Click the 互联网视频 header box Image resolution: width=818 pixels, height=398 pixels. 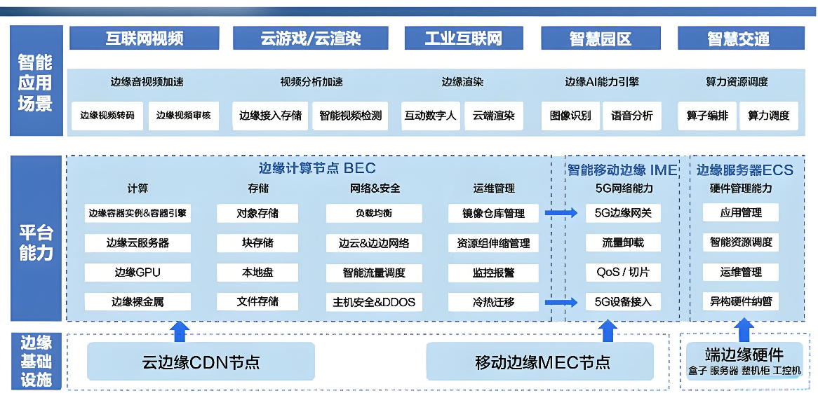coord(145,38)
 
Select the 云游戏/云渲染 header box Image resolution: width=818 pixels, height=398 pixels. coord(310,38)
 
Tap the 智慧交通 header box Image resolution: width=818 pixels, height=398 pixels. coord(738,39)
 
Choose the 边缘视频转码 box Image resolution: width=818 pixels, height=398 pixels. coord(107,116)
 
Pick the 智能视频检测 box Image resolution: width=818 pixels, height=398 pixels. coord(350,116)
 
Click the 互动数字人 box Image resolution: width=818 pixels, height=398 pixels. coord(430,116)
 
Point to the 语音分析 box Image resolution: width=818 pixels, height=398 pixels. coord(631,116)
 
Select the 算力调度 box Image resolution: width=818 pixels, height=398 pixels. coord(768,116)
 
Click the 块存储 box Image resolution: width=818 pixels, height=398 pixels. coord(257,243)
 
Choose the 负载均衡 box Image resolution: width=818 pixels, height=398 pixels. coord(374,213)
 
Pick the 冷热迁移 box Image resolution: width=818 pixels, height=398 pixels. coord(493,302)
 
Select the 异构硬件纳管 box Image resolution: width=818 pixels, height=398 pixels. coord(741,302)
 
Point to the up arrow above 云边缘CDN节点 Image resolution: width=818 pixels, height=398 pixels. coord(180,330)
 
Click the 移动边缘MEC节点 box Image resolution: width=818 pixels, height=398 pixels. coord(542,362)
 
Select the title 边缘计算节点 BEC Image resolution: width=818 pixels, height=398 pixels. coord(317,168)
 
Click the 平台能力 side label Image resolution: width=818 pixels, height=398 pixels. coord(36,243)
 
